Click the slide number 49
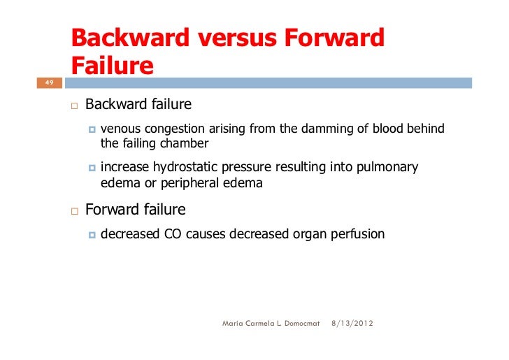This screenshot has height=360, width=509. point(49,82)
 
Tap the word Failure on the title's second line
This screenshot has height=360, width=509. point(113,66)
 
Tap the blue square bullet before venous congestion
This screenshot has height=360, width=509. point(92,129)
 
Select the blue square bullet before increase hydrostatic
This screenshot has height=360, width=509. point(92,168)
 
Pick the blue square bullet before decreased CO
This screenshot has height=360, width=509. point(92,234)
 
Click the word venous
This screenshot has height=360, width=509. point(120,129)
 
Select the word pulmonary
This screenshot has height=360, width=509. point(387,167)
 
